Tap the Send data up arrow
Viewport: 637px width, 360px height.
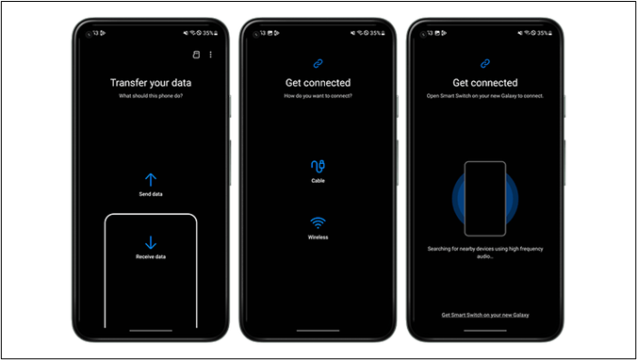pyautogui.click(x=151, y=180)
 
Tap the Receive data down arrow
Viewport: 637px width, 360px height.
pyautogui.click(x=151, y=242)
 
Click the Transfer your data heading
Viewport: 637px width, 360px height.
pyautogui.click(x=151, y=83)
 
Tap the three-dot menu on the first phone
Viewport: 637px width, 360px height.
pyautogui.click(x=210, y=55)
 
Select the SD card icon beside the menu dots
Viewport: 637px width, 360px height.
pyautogui.click(x=196, y=55)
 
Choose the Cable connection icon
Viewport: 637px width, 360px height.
pyautogui.click(x=318, y=166)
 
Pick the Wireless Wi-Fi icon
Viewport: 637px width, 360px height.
pyautogui.click(x=318, y=223)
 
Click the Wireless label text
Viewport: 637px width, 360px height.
pyautogui.click(x=318, y=237)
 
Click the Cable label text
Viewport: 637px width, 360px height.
pyautogui.click(x=318, y=181)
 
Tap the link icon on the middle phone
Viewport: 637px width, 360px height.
pyautogui.click(x=318, y=64)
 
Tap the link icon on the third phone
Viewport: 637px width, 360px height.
pyautogui.click(x=485, y=64)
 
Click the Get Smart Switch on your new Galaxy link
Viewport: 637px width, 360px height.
pyautogui.click(x=485, y=315)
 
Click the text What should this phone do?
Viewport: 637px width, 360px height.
pyautogui.click(x=151, y=96)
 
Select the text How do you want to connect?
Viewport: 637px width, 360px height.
pyautogui.click(x=318, y=96)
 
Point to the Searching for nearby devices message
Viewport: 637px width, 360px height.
pyautogui.click(x=485, y=253)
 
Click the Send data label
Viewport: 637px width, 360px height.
pyautogui.click(x=151, y=194)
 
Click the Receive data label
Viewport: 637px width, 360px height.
pyautogui.click(x=151, y=256)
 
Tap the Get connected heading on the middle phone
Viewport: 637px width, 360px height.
pyautogui.click(x=318, y=83)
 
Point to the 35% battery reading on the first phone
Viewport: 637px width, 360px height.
pyautogui.click(x=208, y=33)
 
